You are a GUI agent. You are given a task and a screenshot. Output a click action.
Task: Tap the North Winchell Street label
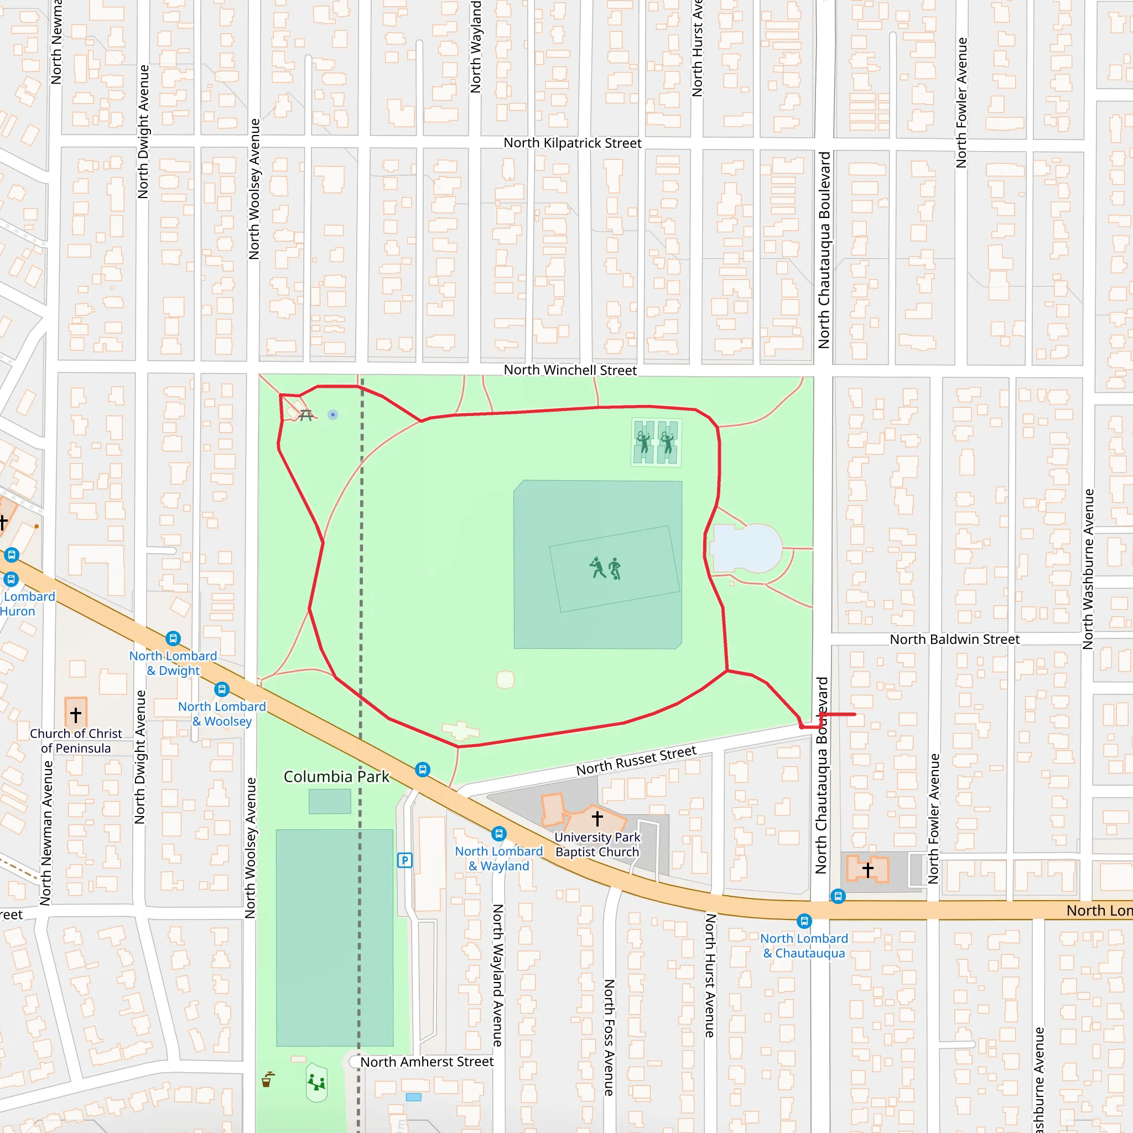coord(569,370)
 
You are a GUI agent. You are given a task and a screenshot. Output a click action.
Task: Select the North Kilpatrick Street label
coord(572,143)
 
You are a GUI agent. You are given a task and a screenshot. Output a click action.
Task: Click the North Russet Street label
coord(636,761)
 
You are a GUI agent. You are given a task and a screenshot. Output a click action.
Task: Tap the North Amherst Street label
coord(427,1062)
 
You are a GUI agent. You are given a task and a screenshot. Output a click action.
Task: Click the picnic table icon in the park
coord(305,415)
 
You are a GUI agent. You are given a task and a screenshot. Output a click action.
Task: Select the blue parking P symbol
coord(404,860)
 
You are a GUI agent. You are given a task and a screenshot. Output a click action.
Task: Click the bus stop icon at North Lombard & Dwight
coord(173,638)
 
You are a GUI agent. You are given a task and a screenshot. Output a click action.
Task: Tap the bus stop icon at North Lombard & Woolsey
coord(221,689)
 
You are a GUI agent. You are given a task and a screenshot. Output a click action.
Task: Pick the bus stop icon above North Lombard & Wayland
coord(498,833)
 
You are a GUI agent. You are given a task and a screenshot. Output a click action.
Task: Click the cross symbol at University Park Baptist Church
coord(597,818)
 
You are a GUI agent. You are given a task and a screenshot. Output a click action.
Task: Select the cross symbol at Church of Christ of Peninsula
coord(76,714)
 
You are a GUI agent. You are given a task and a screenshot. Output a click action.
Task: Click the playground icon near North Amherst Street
coord(316,1082)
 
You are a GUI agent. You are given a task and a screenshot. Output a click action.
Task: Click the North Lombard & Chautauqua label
coord(803,945)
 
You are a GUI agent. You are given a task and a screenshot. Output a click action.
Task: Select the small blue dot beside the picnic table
coord(332,414)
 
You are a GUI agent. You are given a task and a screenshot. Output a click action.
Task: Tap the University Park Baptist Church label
coord(597,844)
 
